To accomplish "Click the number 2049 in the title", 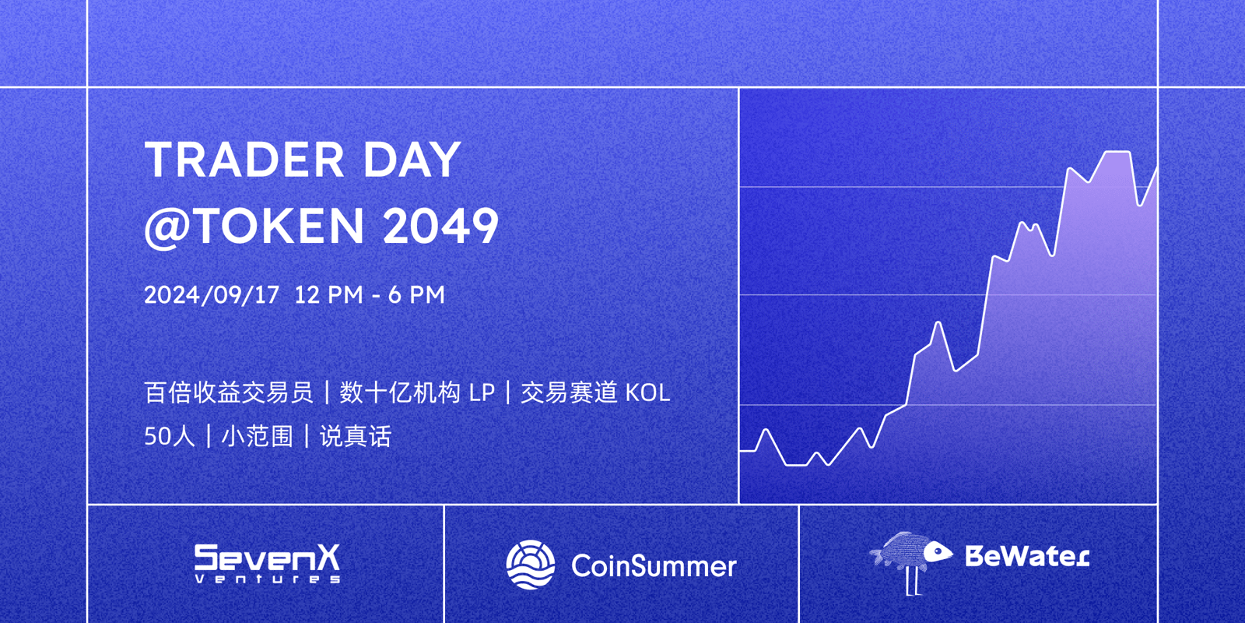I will click(x=440, y=226).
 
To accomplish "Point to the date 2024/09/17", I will click(x=212, y=295).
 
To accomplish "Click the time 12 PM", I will click(x=328, y=295).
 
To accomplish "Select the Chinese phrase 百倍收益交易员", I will click(x=229, y=392).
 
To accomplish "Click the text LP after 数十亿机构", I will click(x=482, y=392).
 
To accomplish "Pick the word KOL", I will click(x=647, y=392).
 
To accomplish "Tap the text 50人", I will click(x=169, y=436).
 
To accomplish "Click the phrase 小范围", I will click(x=257, y=436).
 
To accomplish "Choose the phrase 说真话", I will click(x=356, y=436).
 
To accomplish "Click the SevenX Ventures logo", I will click(x=267, y=563).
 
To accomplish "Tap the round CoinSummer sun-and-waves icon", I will click(x=531, y=565).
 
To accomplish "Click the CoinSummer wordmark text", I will click(x=654, y=566).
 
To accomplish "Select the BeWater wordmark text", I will click(x=1026, y=556).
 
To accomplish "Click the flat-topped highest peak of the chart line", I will click(x=1117, y=153).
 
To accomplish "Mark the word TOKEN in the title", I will click(x=279, y=226).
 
